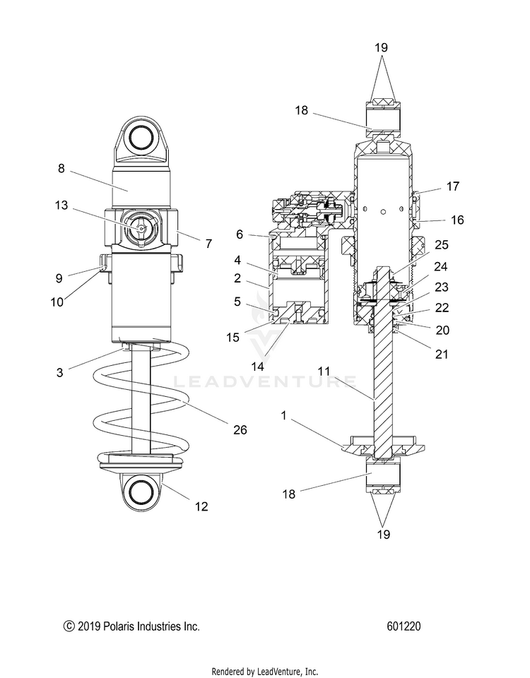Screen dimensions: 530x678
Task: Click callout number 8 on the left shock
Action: [x=61, y=168]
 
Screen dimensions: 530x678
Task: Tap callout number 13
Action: [x=61, y=205]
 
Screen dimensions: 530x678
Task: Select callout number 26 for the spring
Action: [x=240, y=429]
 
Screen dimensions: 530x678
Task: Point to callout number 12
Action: [x=201, y=506]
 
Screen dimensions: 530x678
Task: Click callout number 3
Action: [x=60, y=372]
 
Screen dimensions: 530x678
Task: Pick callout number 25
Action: [x=442, y=245]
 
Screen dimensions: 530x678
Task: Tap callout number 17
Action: [x=452, y=186]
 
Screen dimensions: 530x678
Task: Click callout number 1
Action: [x=284, y=416]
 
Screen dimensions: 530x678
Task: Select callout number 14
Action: [x=257, y=367]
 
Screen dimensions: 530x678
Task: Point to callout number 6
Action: [x=240, y=234]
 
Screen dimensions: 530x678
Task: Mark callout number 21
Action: [x=442, y=354]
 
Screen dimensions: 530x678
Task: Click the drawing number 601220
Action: [x=404, y=626]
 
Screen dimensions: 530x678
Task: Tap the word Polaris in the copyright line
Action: [x=119, y=626]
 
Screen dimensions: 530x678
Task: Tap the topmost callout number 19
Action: [x=381, y=47]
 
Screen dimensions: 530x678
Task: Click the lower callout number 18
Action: [x=289, y=494]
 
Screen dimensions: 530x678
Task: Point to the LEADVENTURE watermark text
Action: [x=265, y=382]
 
